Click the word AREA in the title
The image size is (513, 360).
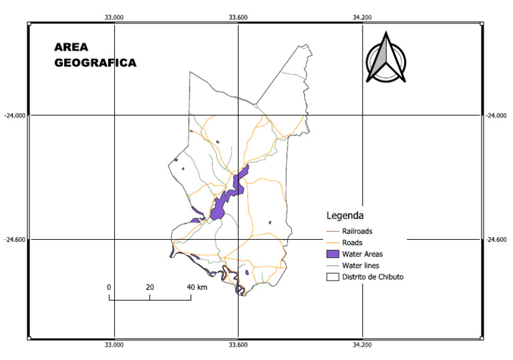coord(71,47)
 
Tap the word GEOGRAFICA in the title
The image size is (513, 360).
coord(95,63)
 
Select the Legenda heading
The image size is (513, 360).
coord(345,216)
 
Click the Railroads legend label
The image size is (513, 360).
coord(361,231)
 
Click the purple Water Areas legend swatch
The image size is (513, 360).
coord(333,254)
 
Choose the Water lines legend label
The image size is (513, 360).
coord(361,265)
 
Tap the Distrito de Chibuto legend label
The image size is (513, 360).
coord(373,277)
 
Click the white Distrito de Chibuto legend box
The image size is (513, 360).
coord(333,277)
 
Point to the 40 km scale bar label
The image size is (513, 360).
coord(197,287)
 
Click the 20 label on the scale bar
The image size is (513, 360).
coord(150,287)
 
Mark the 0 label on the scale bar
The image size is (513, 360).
coord(109,287)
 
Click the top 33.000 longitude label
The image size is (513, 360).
coord(115,17)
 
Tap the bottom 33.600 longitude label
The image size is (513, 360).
coord(238,345)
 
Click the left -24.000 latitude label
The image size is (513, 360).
coord(14,116)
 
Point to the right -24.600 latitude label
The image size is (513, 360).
coord(498,239)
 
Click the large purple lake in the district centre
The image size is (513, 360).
coord(218,209)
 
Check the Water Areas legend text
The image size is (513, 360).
coord(363,254)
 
